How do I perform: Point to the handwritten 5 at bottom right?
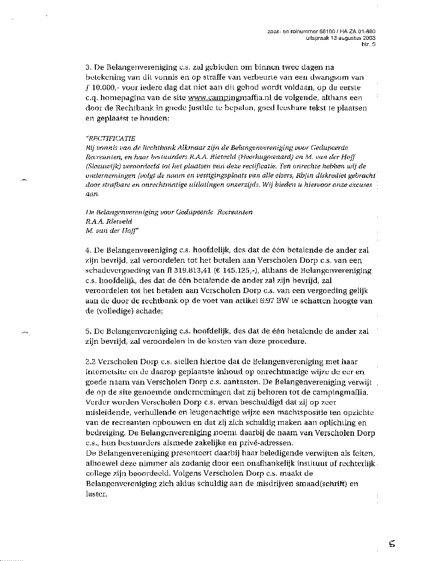pos(392,544)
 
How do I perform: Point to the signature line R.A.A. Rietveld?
pos(109,221)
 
